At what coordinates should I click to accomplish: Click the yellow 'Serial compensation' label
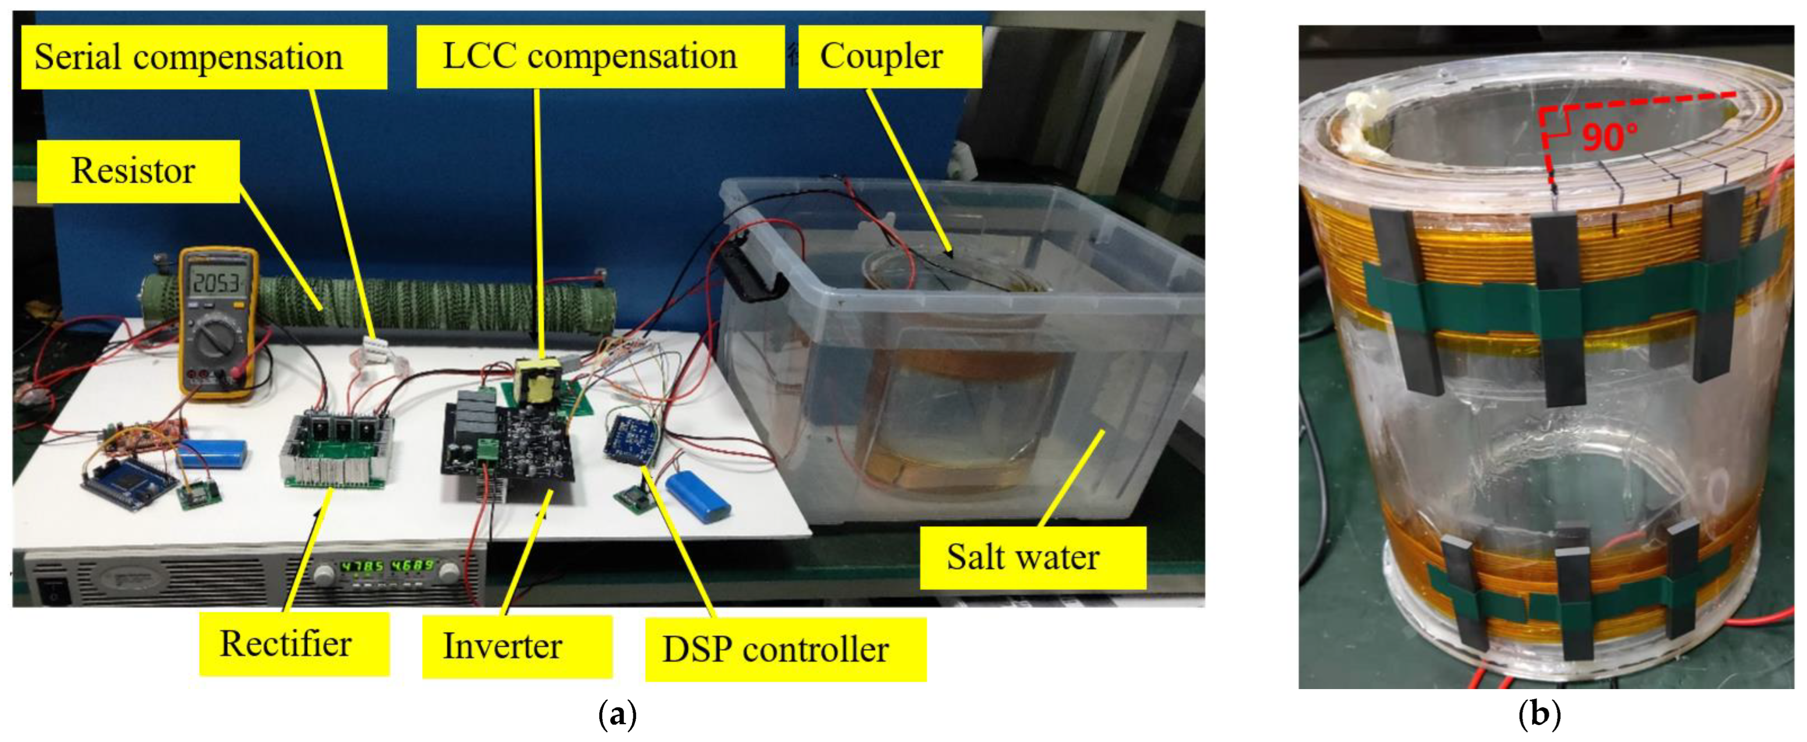coord(203,58)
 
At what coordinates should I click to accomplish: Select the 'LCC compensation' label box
coord(600,57)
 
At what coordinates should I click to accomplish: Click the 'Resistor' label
coord(138,171)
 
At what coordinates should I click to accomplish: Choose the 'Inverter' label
coord(516,646)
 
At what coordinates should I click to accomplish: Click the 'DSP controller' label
coord(785,649)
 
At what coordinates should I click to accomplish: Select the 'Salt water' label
coord(1032,557)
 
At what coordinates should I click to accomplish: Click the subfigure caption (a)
coord(617,716)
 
